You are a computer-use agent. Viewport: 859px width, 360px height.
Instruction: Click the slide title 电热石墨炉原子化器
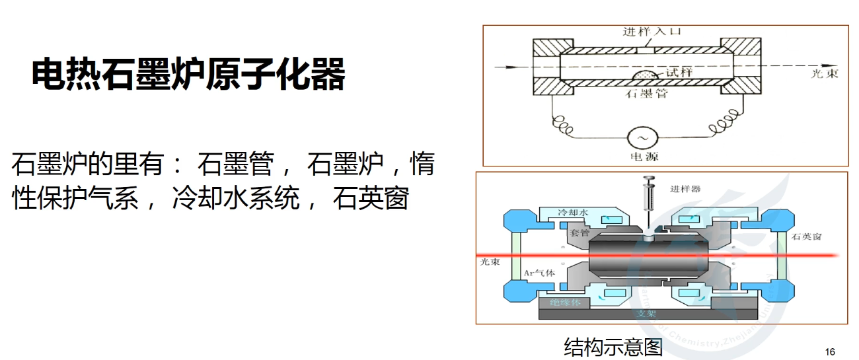tap(188, 75)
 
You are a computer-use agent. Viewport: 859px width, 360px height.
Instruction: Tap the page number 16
tap(831, 351)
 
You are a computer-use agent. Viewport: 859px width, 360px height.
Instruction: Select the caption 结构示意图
tap(613, 345)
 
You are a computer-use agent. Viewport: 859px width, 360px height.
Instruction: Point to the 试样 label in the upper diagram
tap(679, 72)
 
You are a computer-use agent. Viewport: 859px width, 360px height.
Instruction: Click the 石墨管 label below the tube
tap(646, 94)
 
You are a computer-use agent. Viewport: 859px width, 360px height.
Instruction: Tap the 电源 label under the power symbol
tap(645, 157)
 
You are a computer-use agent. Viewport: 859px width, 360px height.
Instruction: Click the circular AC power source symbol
tap(641, 137)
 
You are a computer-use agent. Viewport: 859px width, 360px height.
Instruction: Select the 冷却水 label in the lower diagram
tap(572, 213)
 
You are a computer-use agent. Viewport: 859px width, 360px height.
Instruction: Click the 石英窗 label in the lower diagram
tap(807, 236)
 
